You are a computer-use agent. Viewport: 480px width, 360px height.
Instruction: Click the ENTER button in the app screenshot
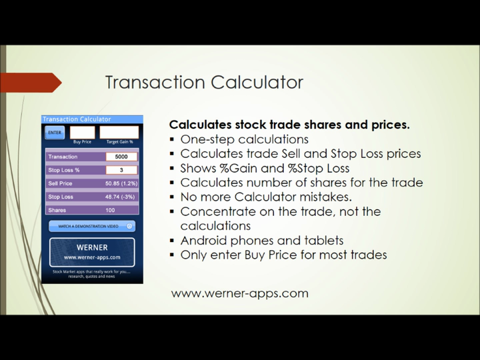point(53,132)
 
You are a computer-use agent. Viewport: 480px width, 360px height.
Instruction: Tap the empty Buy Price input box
point(82,132)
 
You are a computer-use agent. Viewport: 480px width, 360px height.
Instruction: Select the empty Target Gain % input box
point(119,132)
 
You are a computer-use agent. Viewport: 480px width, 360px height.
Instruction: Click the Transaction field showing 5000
point(121,157)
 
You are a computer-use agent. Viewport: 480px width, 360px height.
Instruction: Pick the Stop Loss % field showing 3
point(121,170)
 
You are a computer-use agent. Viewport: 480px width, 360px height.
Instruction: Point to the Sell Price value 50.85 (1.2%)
point(121,183)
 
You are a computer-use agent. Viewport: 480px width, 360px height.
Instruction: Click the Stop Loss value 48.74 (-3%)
point(121,197)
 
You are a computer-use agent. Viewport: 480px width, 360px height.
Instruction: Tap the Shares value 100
point(111,210)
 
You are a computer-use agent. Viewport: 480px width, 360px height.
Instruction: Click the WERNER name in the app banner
point(92,247)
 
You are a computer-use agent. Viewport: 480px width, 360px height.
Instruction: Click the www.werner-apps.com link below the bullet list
point(239,293)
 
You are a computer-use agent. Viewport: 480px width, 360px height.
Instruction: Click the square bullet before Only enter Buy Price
point(172,255)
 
